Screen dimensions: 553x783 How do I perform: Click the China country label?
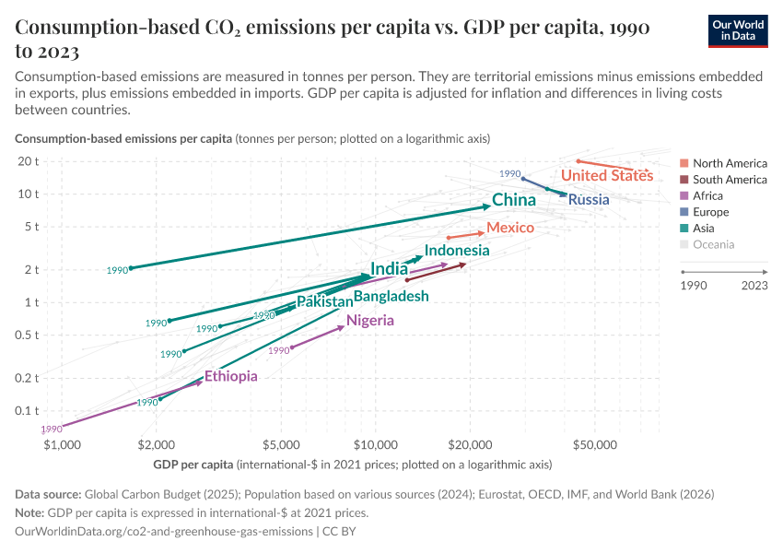click(x=514, y=200)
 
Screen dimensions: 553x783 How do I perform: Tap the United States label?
click(x=607, y=175)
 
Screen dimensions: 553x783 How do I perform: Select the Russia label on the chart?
click(x=589, y=199)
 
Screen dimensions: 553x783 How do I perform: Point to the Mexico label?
click(x=510, y=228)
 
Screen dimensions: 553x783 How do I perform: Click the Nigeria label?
click(x=370, y=321)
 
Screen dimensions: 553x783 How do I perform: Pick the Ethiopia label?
click(x=230, y=376)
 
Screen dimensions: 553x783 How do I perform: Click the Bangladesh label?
click(x=391, y=296)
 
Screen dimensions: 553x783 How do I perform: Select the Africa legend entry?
click(x=707, y=195)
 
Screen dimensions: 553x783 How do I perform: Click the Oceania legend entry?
click(x=713, y=244)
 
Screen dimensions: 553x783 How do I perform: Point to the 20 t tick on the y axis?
click(x=29, y=161)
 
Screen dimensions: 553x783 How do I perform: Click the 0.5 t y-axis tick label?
click(x=27, y=334)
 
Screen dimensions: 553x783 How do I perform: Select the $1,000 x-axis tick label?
click(x=63, y=445)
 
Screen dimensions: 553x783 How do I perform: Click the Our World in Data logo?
click(x=738, y=30)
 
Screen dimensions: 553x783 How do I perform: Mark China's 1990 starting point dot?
click(x=131, y=268)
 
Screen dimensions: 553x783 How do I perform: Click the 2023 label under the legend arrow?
click(x=753, y=286)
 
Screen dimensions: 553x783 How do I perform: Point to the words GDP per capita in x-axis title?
click(x=193, y=464)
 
